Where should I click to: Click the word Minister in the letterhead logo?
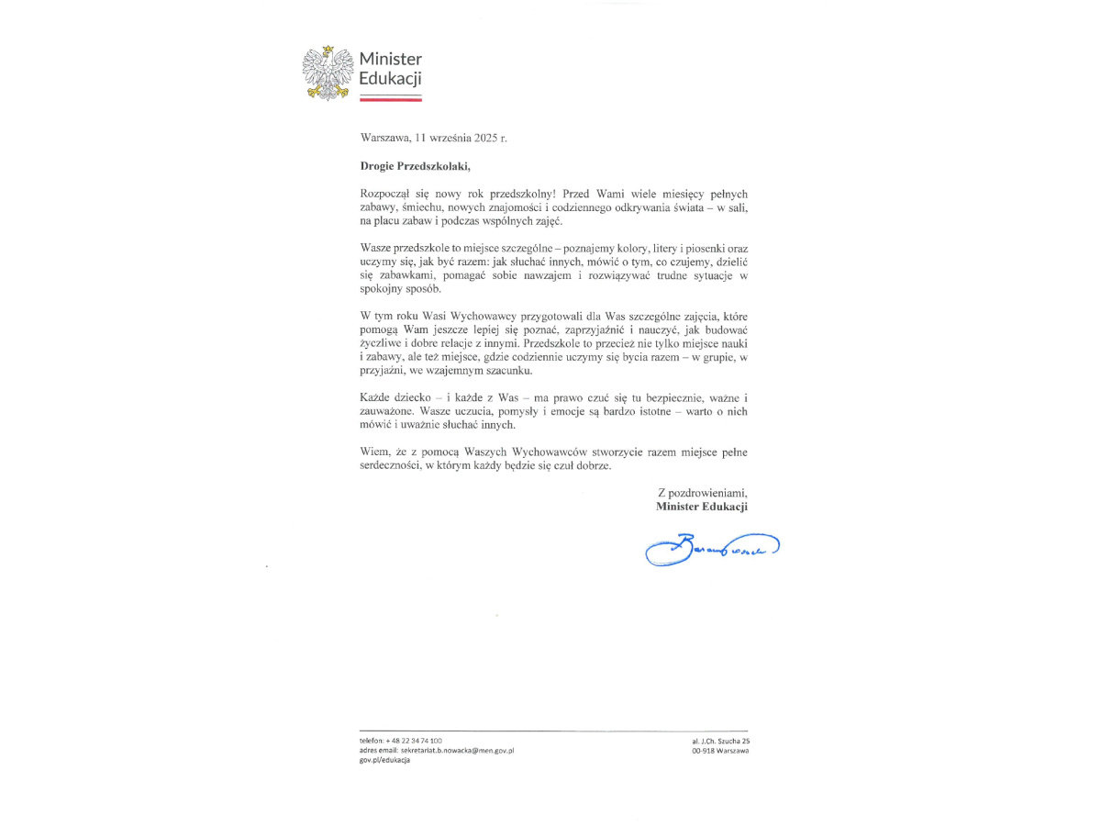390,61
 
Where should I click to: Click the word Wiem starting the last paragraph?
374,452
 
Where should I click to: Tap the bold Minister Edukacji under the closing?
702,506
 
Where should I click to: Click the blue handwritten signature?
711,549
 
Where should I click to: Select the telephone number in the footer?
415,740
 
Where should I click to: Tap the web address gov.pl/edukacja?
384,760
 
